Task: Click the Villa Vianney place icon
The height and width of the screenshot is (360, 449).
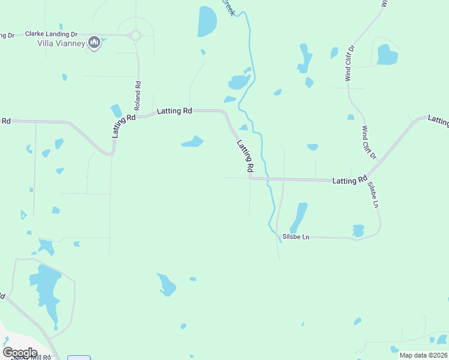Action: click(94, 42)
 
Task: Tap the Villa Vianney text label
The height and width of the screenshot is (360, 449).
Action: click(61, 43)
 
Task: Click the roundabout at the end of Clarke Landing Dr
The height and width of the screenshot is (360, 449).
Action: click(135, 35)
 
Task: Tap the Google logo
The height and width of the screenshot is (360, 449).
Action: click(20, 352)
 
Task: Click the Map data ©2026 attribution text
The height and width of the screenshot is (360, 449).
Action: click(423, 355)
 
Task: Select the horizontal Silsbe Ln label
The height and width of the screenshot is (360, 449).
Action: click(295, 237)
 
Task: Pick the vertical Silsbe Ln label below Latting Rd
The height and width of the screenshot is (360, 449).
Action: click(373, 194)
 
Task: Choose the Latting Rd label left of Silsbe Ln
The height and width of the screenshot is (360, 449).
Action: click(349, 179)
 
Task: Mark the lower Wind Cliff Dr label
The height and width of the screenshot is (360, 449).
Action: click(368, 143)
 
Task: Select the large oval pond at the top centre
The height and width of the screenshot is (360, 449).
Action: click(206, 22)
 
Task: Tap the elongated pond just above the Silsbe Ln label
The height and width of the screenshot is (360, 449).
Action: click(298, 217)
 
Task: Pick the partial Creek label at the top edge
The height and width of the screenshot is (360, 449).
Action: click(229, 8)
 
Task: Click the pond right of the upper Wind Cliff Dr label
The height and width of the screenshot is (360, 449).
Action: click(387, 55)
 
